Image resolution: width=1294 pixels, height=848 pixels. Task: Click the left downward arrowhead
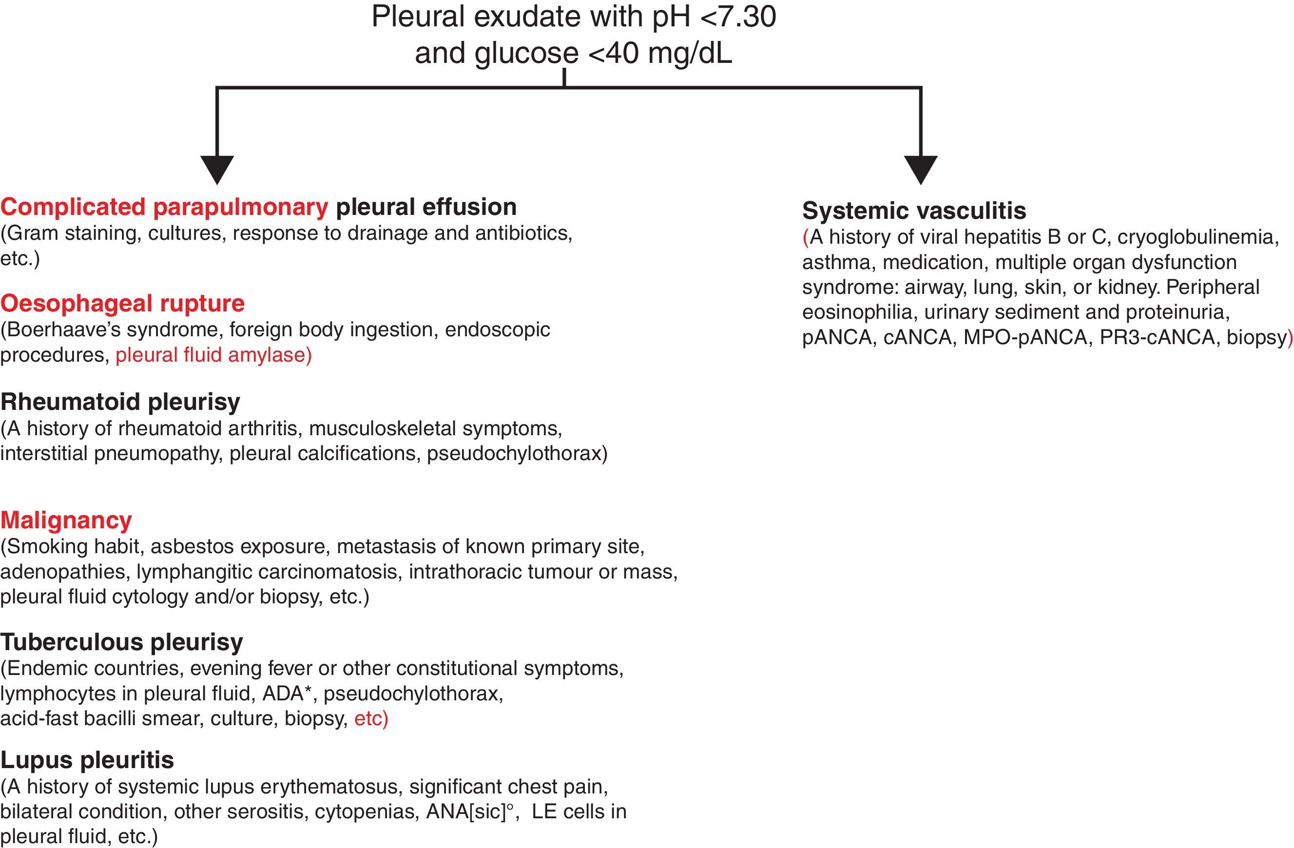tap(217, 169)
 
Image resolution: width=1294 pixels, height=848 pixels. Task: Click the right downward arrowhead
tap(921, 169)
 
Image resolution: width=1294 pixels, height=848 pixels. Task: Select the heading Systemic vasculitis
tap(914, 211)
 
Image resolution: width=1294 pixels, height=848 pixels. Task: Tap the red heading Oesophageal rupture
tap(122, 303)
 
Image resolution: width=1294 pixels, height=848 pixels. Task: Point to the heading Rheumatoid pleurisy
tap(120, 402)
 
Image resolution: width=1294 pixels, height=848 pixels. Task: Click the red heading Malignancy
tap(66, 520)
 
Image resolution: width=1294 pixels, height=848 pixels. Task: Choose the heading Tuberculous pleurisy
tap(122, 642)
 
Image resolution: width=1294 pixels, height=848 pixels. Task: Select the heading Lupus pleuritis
tap(87, 760)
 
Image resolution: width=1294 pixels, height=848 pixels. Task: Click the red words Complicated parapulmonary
tap(164, 207)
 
